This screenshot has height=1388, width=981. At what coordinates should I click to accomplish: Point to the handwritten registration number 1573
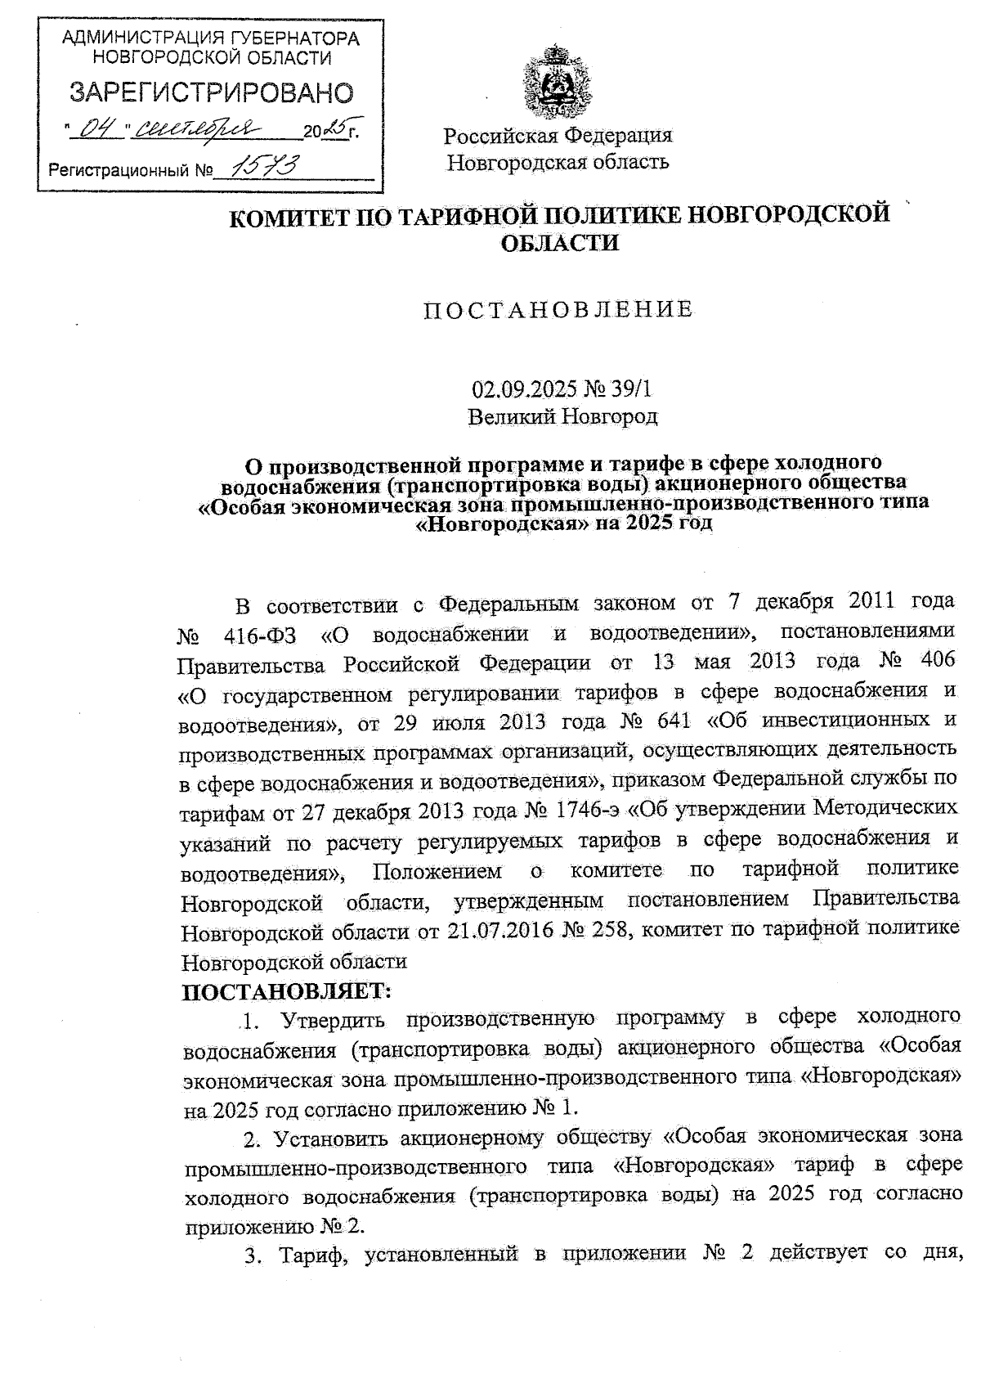coord(266,168)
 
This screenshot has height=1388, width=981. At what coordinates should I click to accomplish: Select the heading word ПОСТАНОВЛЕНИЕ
coord(558,309)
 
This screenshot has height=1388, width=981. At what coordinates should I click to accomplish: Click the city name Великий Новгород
coord(562,416)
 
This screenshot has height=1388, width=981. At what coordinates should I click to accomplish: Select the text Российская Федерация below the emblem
coord(558,134)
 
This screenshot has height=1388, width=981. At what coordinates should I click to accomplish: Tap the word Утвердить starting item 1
coord(336,1019)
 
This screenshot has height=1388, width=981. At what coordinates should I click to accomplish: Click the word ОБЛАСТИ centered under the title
coord(558,243)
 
